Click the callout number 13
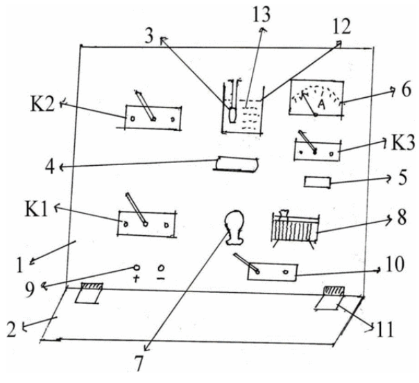(262, 14)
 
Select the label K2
(42, 104)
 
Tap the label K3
(403, 142)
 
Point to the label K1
(36, 209)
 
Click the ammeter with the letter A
(316, 99)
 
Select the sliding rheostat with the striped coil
(296, 228)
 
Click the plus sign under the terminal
(136, 279)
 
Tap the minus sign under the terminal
(161, 279)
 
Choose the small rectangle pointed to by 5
(317, 182)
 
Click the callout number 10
(395, 264)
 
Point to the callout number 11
(385, 330)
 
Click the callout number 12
(341, 27)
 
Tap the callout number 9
(30, 289)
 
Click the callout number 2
(12, 330)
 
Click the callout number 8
(402, 217)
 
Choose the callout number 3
(149, 36)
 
